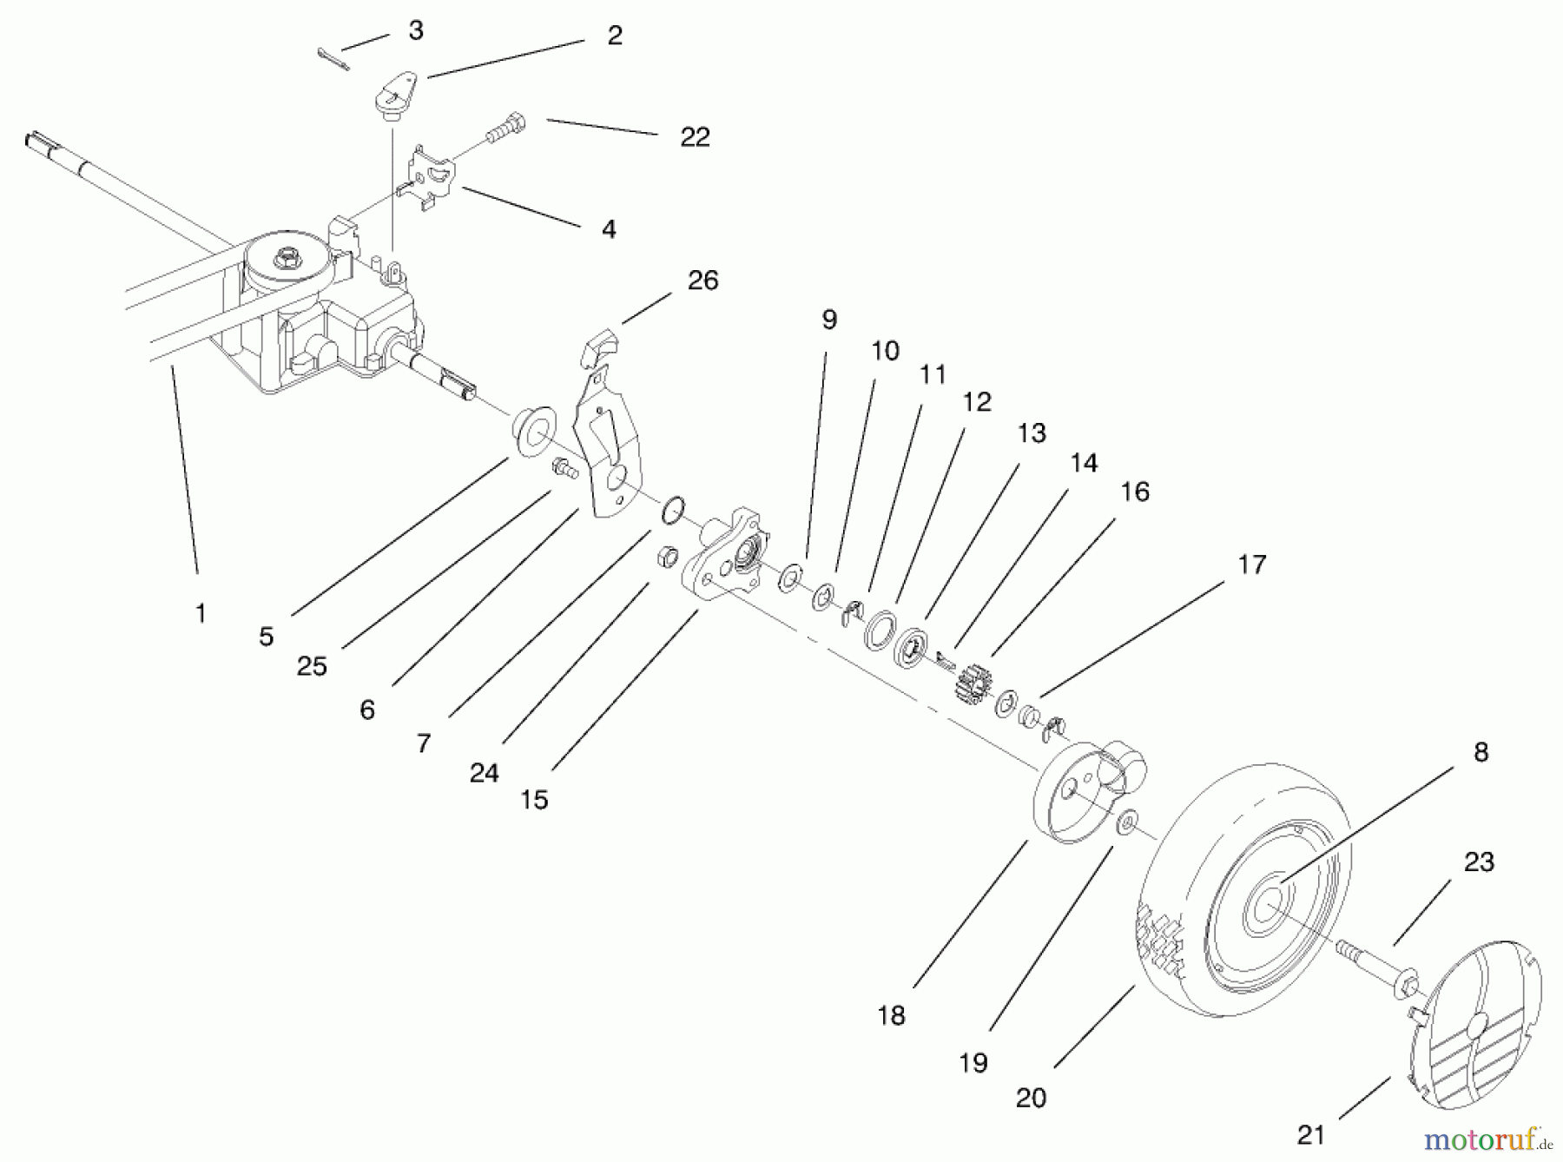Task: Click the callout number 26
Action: coord(702,281)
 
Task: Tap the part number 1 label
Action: coord(201,613)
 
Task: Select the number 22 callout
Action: coord(695,137)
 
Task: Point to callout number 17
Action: coord(1251,564)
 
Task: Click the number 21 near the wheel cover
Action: coord(1311,1134)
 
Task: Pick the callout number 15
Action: coord(534,799)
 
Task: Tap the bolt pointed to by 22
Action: coord(505,129)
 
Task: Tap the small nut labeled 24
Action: coord(666,556)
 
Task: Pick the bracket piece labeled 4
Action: coord(432,176)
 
